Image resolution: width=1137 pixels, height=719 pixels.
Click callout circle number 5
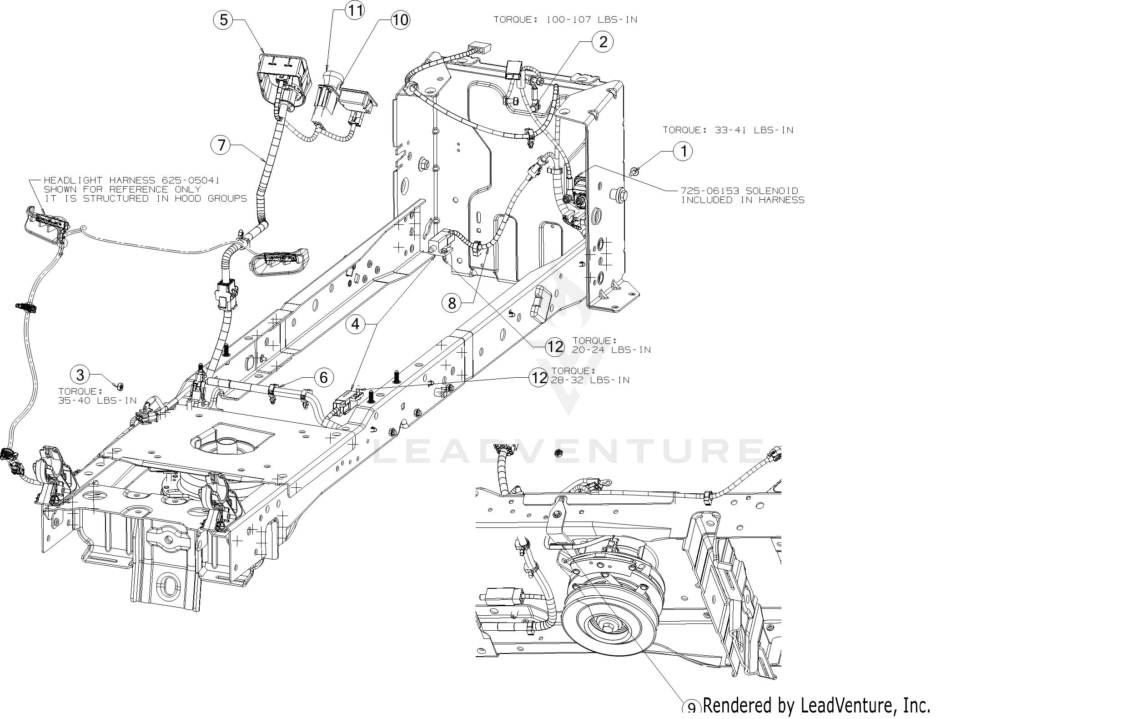[x=223, y=20]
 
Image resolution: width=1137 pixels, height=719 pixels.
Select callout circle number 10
[x=400, y=20]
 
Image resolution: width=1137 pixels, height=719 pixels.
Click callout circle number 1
[x=682, y=151]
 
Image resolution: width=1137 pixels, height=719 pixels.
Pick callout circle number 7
[x=221, y=145]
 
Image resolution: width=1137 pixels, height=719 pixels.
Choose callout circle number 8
[x=452, y=303]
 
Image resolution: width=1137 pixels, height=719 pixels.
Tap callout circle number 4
[x=355, y=324]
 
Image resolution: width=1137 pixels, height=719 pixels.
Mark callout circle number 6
[x=323, y=377]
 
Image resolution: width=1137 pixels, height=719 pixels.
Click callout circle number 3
[x=80, y=375]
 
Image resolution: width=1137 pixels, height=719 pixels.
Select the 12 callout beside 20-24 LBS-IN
[x=554, y=347]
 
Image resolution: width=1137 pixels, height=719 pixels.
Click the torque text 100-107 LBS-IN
[x=592, y=20]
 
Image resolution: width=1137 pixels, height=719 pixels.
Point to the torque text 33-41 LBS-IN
[x=754, y=130]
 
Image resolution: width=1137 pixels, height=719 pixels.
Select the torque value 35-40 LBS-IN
[x=97, y=400]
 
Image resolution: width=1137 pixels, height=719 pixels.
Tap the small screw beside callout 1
[x=635, y=171]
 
